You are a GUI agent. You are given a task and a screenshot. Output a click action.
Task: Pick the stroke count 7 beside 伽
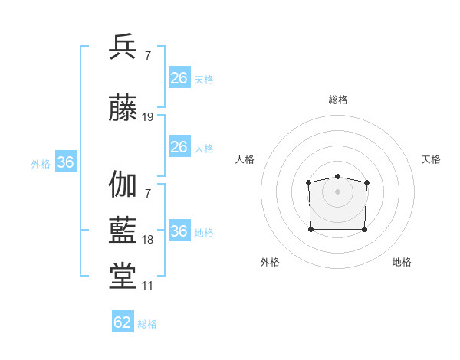[147, 192]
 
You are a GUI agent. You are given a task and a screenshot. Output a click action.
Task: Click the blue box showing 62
[123, 322]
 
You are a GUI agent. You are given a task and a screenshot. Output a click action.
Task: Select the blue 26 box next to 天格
[179, 78]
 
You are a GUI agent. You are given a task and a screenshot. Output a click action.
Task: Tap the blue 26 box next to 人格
[179, 147]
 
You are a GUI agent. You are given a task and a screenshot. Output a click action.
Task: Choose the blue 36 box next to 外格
[65, 162]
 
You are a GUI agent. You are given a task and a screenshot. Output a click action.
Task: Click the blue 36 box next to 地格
[179, 231]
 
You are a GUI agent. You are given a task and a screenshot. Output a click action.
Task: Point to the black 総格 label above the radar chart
[338, 100]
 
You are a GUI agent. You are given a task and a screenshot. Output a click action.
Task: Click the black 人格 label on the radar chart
[245, 159]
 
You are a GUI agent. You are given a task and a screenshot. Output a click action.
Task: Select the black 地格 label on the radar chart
[402, 262]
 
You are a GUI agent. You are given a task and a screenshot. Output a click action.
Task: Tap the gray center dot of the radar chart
[338, 190]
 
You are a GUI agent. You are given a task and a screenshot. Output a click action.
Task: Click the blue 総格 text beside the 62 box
[147, 324]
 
